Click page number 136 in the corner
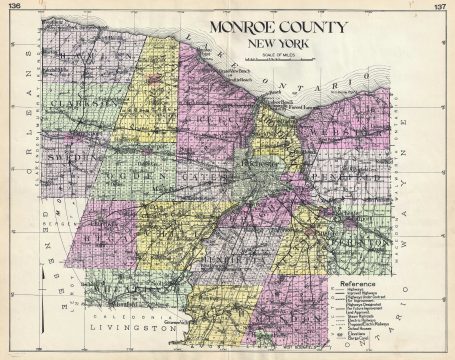tap(15, 6)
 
